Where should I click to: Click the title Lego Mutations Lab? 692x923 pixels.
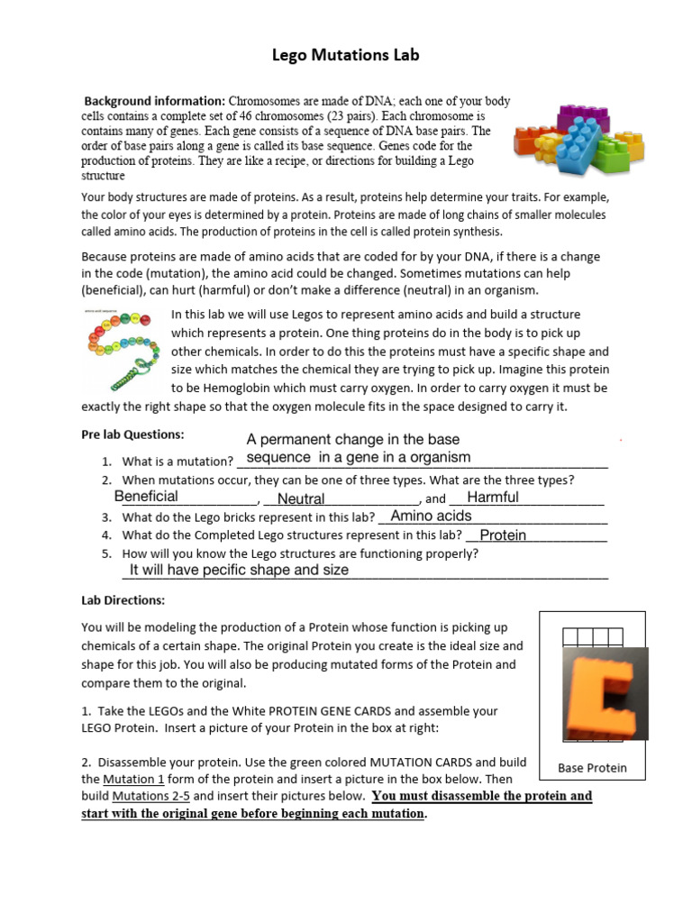point(346,56)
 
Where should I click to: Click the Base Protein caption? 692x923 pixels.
point(592,768)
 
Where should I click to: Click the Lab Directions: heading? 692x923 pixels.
point(123,600)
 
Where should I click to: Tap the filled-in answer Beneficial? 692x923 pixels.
point(146,497)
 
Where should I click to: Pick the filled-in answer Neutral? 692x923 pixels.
point(301,498)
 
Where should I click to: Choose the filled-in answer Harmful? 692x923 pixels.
point(493,498)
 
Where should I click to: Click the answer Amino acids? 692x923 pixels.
point(431,516)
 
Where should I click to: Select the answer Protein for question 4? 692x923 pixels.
point(503,535)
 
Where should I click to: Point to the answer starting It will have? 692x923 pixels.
point(239,571)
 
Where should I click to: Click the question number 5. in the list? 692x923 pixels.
point(106,553)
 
